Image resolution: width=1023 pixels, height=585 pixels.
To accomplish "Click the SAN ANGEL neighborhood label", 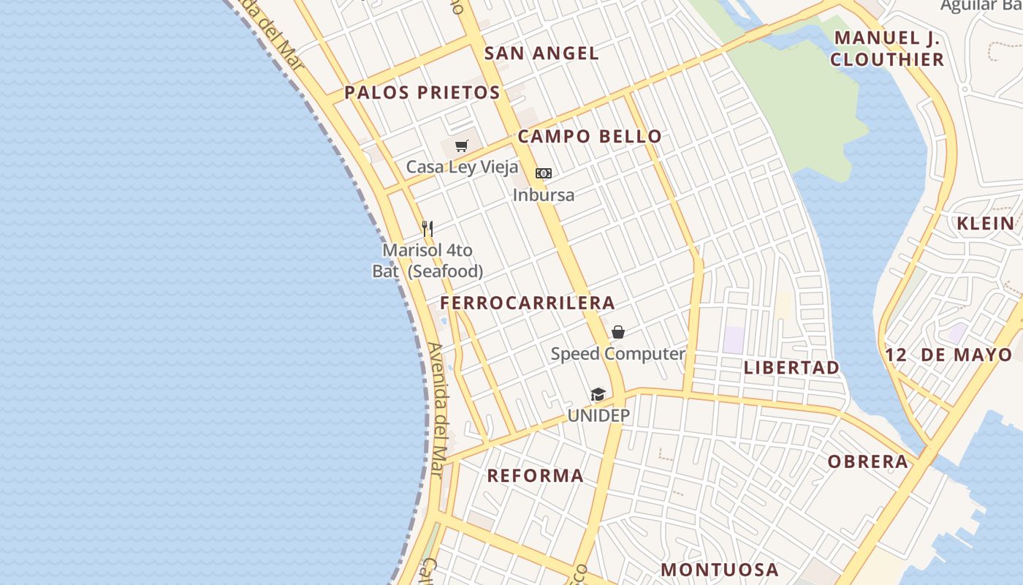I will click(x=541, y=53).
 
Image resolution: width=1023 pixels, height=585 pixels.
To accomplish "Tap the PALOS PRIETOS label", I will click(x=422, y=93).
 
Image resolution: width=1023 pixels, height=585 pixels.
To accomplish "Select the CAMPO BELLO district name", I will click(x=590, y=136).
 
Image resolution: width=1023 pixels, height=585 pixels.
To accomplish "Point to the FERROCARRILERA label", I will click(x=528, y=303).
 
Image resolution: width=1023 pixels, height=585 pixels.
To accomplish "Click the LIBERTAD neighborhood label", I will click(x=791, y=368).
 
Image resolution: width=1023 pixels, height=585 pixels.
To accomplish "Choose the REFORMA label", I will click(x=536, y=476).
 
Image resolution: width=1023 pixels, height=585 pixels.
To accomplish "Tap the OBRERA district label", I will click(x=868, y=461).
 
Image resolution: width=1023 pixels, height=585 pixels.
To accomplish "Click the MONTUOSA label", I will click(x=720, y=570).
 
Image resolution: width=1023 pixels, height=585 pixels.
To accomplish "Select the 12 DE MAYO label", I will click(x=948, y=355).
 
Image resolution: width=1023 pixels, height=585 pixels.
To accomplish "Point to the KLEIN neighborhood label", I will click(x=986, y=224).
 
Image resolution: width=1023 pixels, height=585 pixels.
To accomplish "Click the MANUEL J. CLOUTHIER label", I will click(x=887, y=48).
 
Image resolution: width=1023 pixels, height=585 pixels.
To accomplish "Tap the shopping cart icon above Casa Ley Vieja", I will click(x=461, y=146).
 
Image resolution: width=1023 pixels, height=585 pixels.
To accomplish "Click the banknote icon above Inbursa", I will click(x=543, y=173).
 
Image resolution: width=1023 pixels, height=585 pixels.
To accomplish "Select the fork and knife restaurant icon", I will click(x=427, y=229).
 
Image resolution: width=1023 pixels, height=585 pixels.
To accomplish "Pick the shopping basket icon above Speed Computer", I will click(x=618, y=333).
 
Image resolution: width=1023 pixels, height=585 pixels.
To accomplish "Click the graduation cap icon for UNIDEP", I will click(x=598, y=395).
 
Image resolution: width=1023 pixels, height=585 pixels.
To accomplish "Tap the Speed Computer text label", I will click(x=618, y=354).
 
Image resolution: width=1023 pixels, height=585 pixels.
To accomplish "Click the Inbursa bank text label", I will click(x=543, y=195).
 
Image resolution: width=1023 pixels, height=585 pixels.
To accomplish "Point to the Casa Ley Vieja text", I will click(x=462, y=167).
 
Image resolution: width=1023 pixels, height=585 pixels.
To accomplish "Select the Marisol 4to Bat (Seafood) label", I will click(x=427, y=261).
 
